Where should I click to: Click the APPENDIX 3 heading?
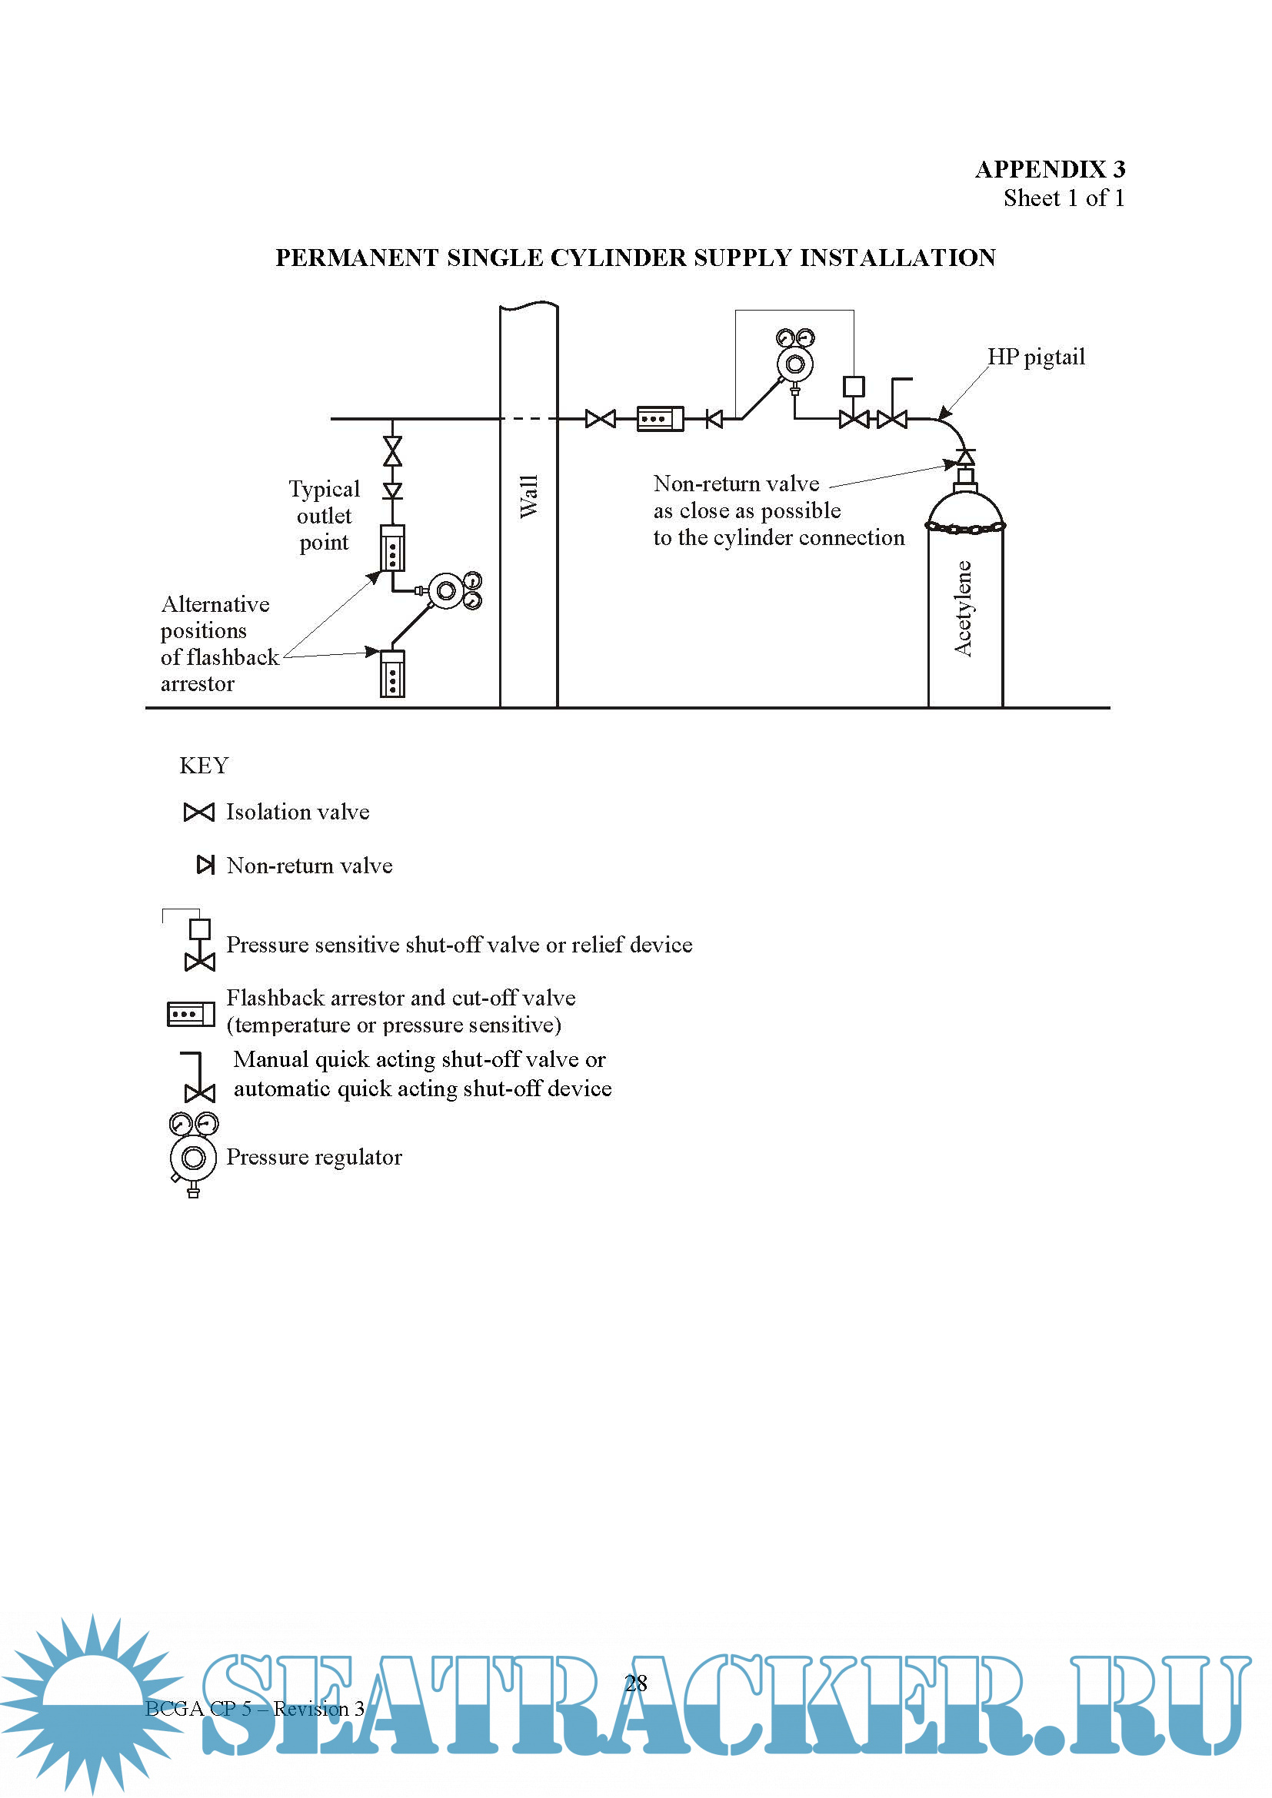point(1050,169)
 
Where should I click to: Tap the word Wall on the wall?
point(528,496)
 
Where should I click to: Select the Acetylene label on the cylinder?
point(963,609)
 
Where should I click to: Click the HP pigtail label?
point(1035,357)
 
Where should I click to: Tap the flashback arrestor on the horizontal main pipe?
point(660,419)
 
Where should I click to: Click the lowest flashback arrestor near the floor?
point(391,673)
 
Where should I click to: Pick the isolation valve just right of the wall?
point(600,419)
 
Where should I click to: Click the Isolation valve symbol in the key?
point(198,812)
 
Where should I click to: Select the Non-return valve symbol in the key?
point(205,865)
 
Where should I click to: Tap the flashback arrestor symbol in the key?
point(190,1014)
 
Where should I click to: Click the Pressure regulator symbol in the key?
point(193,1154)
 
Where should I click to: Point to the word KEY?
point(204,765)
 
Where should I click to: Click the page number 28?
point(635,1683)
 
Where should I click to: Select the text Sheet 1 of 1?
point(1063,198)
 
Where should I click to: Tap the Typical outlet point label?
point(324,515)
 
